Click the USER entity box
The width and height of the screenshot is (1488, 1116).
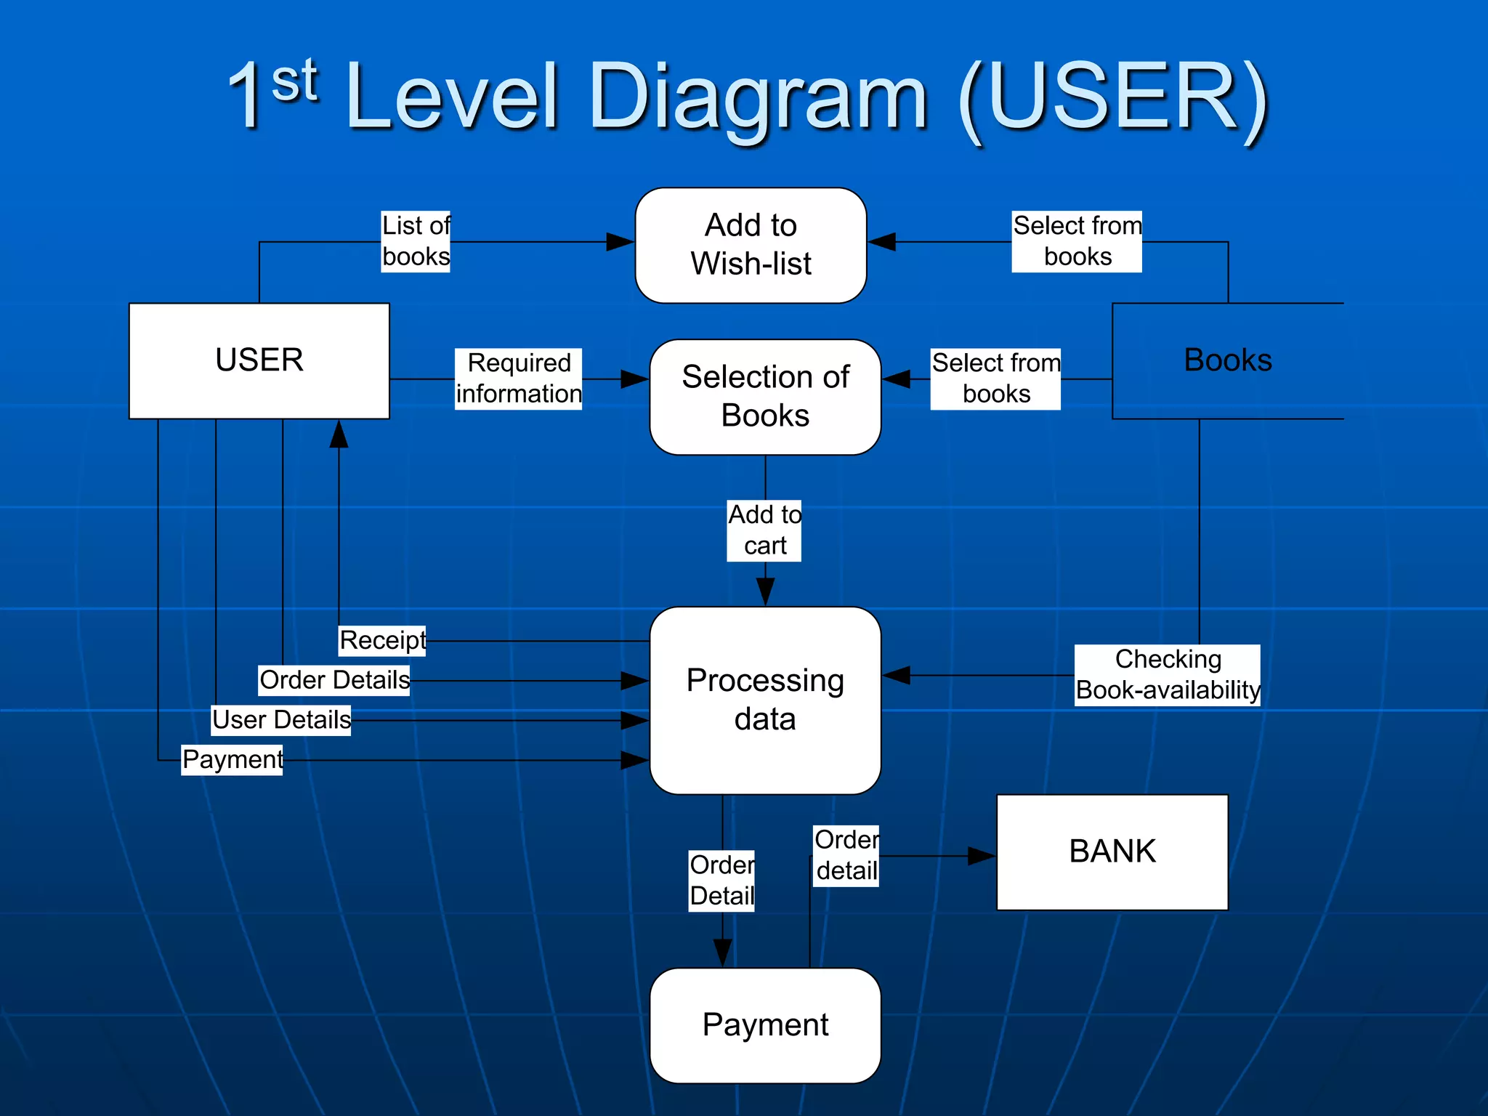click(x=259, y=360)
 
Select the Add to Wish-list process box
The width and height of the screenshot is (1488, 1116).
click(x=751, y=245)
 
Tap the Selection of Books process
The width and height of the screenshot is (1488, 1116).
click(x=765, y=397)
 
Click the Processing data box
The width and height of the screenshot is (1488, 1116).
click(x=765, y=700)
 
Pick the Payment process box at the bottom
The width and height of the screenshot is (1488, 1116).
click(x=765, y=1025)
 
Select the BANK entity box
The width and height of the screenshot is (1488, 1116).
click(x=1112, y=852)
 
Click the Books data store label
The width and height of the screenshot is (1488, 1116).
click(x=1227, y=360)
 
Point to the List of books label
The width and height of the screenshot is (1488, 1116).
click(x=416, y=241)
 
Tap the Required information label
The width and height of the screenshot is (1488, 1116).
click(x=518, y=379)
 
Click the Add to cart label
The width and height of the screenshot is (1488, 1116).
click(x=764, y=530)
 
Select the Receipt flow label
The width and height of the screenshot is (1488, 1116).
click(x=382, y=640)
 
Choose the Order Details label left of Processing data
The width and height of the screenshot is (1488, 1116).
click(x=334, y=680)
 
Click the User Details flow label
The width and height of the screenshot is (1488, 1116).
click(x=281, y=720)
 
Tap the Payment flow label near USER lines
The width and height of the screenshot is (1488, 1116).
click(x=232, y=759)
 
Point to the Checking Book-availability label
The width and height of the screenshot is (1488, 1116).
click(x=1167, y=675)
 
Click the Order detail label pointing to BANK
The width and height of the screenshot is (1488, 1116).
click(x=846, y=855)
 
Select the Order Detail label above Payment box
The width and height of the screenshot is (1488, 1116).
click(x=721, y=881)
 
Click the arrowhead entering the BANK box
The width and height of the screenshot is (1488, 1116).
click(x=982, y=856)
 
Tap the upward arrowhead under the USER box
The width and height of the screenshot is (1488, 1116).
click(x=339, y=434)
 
